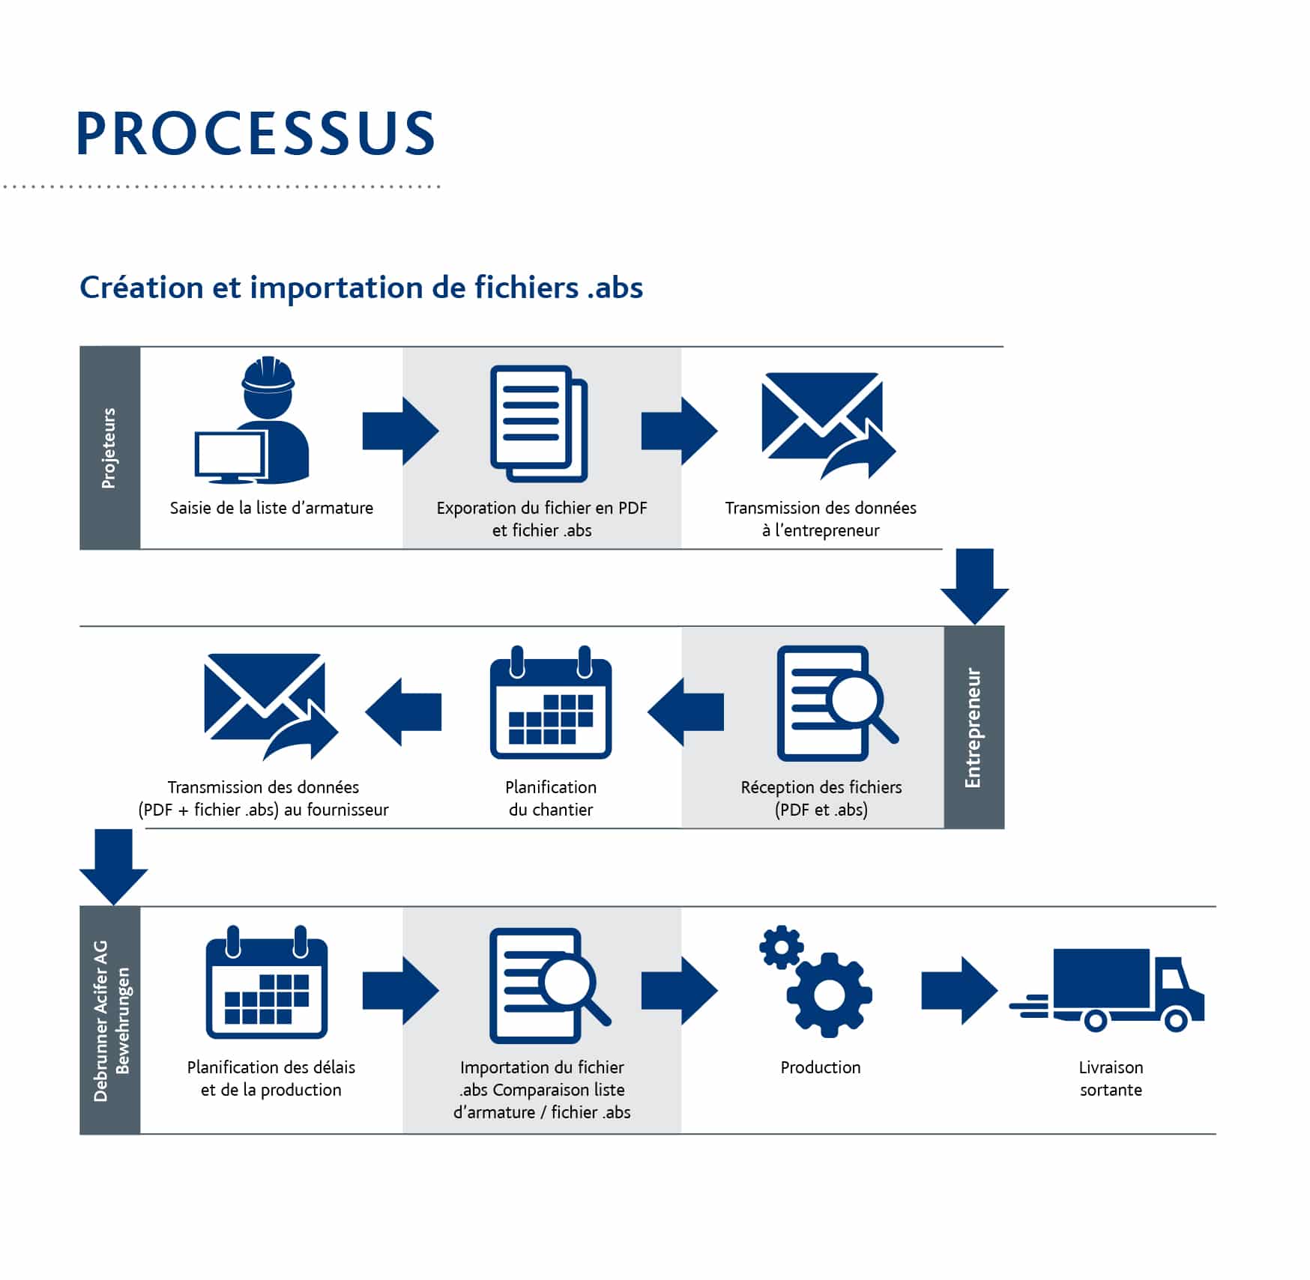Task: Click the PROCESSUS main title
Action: (x=255, y=133)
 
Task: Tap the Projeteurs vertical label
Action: (x=109, y=448)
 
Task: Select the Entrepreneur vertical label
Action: (x=973, y=727)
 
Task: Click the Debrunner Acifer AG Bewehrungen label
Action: (x=111, y=1020)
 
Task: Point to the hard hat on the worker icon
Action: (x=268, y=374)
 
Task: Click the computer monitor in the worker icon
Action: (x=229, y=455)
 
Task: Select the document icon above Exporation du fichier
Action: (x=539, y=423)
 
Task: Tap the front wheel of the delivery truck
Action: (x=1176, y=1019)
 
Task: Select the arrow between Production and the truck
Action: (x=959, y=990)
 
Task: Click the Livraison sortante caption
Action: (x=1111, y=1078)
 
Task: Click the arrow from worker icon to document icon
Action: (x=400, y=431)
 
